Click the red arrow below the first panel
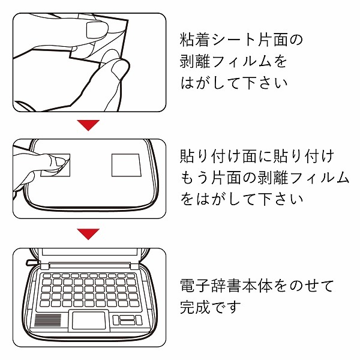[x=89, y=125]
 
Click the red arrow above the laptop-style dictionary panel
[x=89, y=233]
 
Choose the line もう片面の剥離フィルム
[x=265, y=177]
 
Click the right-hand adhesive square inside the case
[x=126, y=164]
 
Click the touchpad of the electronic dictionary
[x=89, y=320]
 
